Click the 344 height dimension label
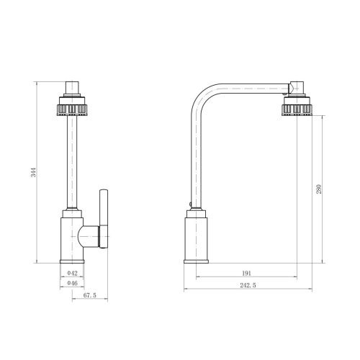pos(35,173)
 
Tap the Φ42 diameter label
pos(72,273)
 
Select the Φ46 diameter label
pos(72,283)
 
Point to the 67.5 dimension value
pos(90,295)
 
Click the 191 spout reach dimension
pos(246,273)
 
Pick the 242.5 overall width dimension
pos(248,285)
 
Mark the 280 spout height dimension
pos(319,189)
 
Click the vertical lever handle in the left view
pos(104,219)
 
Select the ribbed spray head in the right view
pos(297,107)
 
